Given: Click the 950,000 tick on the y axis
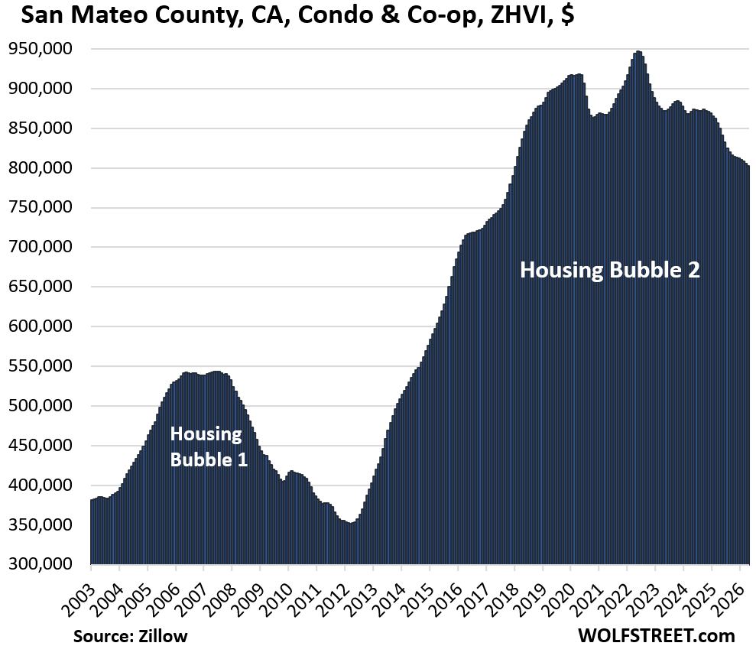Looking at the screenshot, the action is click(x=41, y=49).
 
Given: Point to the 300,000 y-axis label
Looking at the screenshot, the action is click(x=41, y=563).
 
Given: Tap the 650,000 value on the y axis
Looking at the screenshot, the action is click(x=41, y=287).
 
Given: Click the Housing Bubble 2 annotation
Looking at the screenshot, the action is click(x=610, y=270).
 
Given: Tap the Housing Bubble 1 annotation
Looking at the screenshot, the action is click(x=209, y=447).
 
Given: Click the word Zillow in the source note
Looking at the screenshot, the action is click(x=163, y=636).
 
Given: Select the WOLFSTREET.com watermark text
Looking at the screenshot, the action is click(x=656, y=635).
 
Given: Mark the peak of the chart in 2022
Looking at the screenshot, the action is click(x=638, y=51).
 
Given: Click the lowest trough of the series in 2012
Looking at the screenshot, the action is click(x=351, y=523).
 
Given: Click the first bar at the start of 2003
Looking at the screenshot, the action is click(x=92, y=532).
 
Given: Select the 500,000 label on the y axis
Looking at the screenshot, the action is click(x=41, y=405).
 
